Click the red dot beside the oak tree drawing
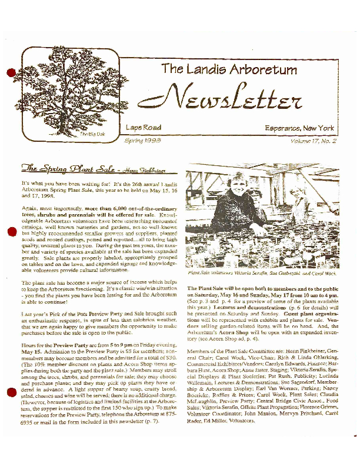[x=10, y=72]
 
